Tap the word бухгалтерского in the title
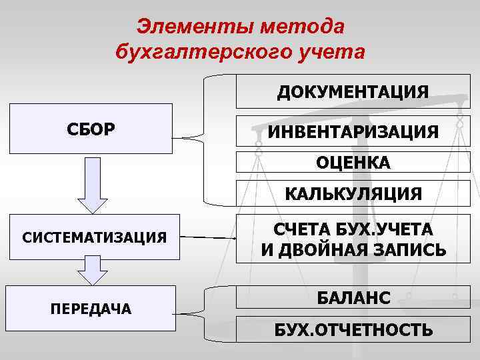[x=208, y=51]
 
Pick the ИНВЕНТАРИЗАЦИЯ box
[x=353, y=131]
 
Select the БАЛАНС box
[x=353, y=297]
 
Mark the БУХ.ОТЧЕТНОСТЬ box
[x=353, y=330]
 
